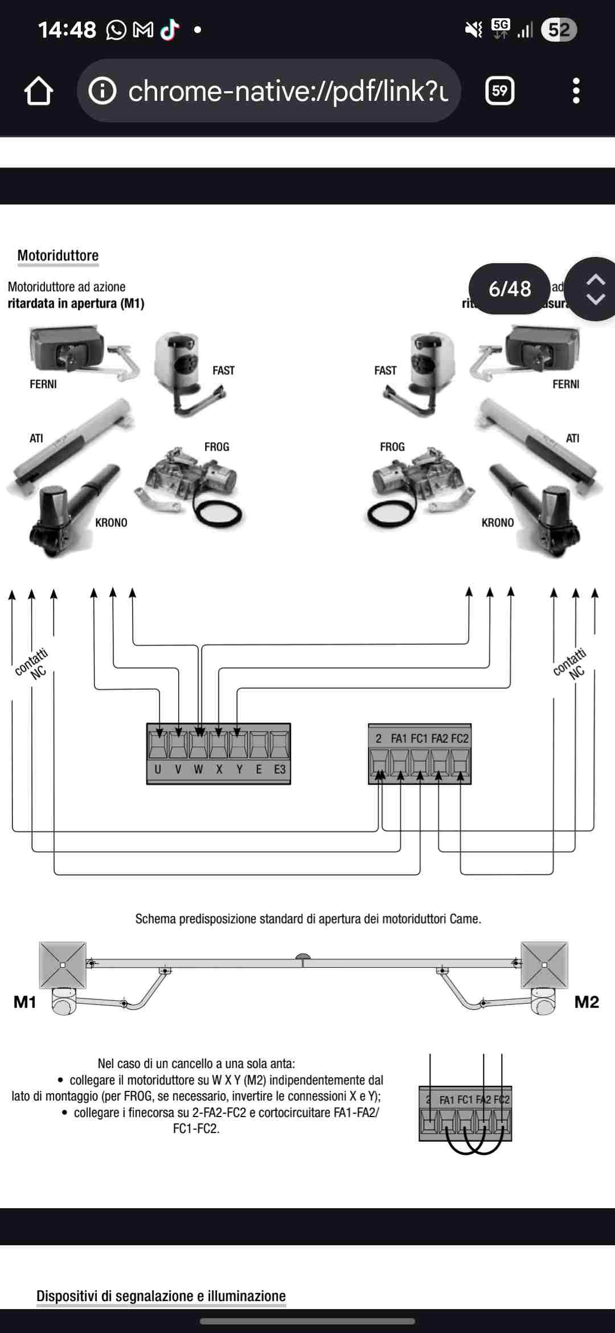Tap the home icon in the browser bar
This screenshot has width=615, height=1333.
click(x=39, y=91)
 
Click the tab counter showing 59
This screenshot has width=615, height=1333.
click(x=499, y=91)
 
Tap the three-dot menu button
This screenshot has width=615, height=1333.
click(x=576, y=91)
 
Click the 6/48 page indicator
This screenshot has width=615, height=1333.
click(x=510, y=289)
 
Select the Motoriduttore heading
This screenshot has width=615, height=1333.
click(x=58, y=255)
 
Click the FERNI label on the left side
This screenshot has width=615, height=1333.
click(x=43, y=385)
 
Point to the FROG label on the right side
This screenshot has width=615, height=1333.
click(x=392, y=447)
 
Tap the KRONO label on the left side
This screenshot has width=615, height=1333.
click(x=111, y=523)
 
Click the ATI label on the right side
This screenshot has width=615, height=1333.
click(x=572, y=439)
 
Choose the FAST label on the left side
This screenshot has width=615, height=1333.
click(x=223, y=371)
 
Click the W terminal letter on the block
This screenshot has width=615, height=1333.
click(x=198, y=770)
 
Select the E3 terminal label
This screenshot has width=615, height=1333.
click(x=280, y=770)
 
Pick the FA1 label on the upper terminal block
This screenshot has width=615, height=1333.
click(x=399, y=739)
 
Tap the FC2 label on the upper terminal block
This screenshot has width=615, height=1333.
click(x=460, y=739)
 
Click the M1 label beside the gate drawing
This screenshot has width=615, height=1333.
click(x=24, y=1003)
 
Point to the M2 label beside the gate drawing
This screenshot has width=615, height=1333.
click(x=587, y=1003)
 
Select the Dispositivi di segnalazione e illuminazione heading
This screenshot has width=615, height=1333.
click(x=161, y=1296)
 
